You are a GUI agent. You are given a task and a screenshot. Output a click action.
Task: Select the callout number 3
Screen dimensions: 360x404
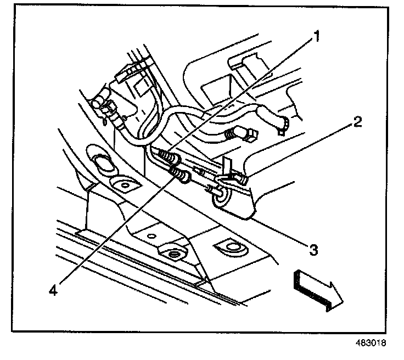[x=312, y=250]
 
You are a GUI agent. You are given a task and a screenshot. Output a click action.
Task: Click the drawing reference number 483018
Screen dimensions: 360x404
[x=371, y=344]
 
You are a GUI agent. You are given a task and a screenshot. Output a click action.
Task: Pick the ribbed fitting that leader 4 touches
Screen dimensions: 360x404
[x=181, y=176]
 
